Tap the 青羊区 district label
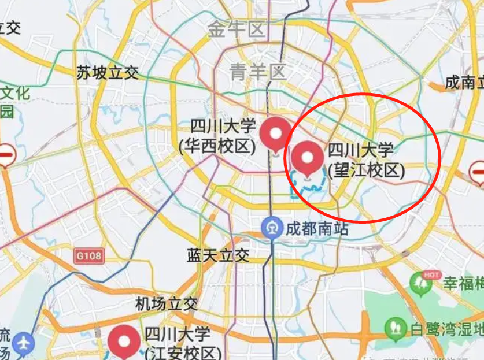pos(257,72)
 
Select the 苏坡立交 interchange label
pos(108,73)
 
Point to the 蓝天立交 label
pos(217,255)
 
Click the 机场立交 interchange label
pos(167,304)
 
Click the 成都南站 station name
pos(317,229)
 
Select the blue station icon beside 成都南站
pos(271,228)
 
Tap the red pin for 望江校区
pos(306,158)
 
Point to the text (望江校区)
pos(365,170)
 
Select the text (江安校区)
pos(183,353)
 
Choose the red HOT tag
pos(431,274)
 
